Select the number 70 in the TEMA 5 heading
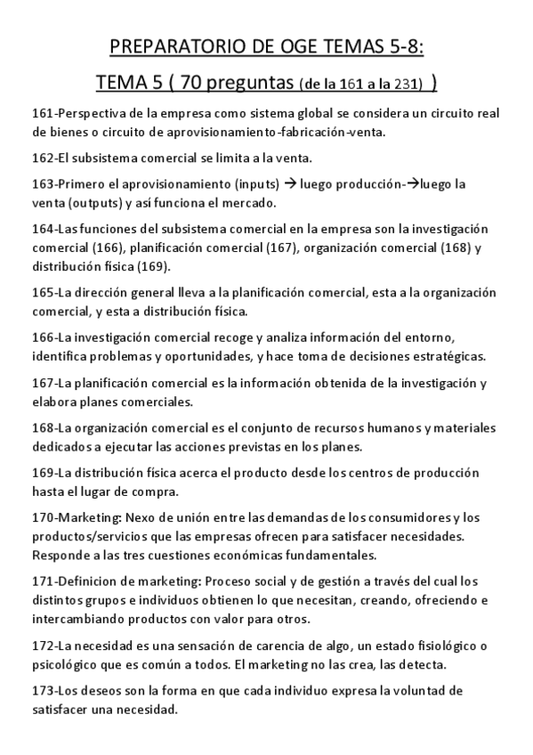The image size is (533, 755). (193, 85)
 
